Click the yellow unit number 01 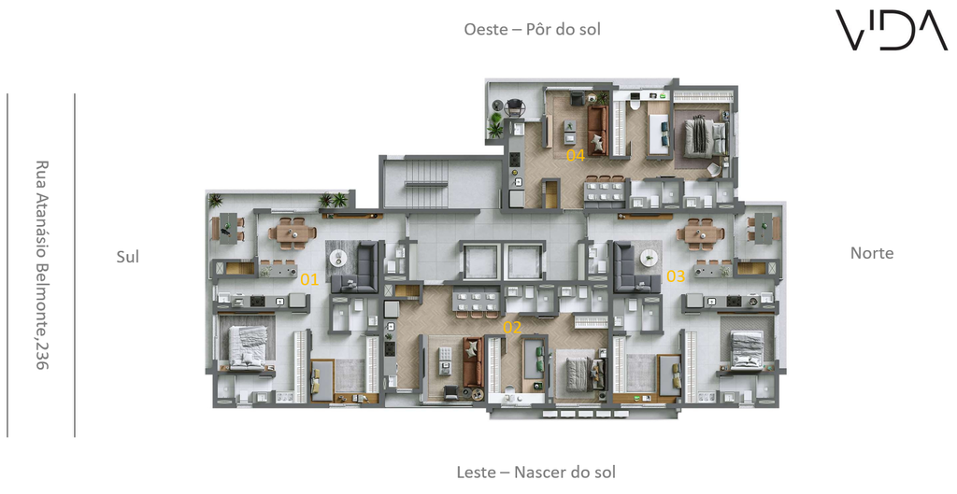click(x=309, y=280)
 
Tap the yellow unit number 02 click(x=512, y=328)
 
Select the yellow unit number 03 click(x=676, y=276)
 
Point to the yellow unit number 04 click(x=576, y=156)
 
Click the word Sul click(x=127, y=257)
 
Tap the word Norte click(x=872, y=253)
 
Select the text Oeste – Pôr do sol click(x=532, y=29)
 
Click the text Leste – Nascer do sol click(x=536, y=472)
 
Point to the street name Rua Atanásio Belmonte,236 click(x=41, y=265)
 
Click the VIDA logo click(x=891, y=30)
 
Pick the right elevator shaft click(x=524, y=261)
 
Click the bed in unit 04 click(x=704, y=137)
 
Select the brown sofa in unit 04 click(x=597, y=131)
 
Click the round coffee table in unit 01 click(x=338, y=259)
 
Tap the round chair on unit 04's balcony click(x=515, y=108)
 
